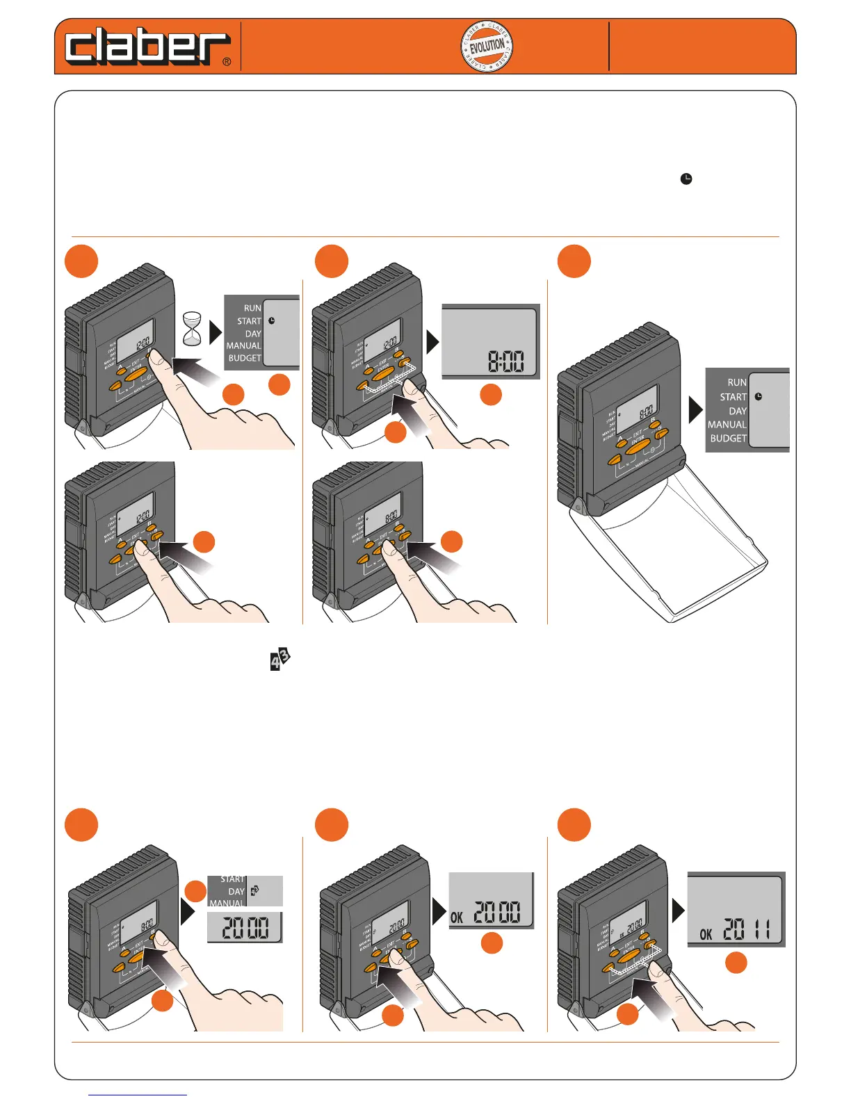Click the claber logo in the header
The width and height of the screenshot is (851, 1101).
[147, 47]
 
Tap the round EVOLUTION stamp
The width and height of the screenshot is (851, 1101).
[487, 47]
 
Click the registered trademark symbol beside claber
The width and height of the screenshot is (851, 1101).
[227, 62]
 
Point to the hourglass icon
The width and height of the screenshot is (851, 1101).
[192, 329]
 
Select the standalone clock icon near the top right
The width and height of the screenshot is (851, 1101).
[686, 179]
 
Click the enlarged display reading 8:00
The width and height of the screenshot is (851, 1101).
[491, 341]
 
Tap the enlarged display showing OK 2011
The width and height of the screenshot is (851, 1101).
[736, 909]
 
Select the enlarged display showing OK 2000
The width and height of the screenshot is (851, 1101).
[492, 900]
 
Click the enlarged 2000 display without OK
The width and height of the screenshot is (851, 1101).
[245, 927]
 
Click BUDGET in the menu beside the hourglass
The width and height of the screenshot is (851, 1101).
[245, 358]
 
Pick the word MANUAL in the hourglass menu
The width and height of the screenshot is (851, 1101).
[243, 345]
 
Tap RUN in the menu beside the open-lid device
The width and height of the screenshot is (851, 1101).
[737, 382]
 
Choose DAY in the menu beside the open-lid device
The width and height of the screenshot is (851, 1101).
[738, 411]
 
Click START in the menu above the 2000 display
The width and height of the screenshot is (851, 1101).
[232, 879]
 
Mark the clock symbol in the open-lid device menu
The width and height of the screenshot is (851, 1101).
[759, 397]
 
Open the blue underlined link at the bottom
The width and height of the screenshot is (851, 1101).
[138, 1095]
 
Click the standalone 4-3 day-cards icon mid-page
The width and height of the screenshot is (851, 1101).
[279, 659]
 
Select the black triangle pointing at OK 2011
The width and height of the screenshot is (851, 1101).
[679, 910]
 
